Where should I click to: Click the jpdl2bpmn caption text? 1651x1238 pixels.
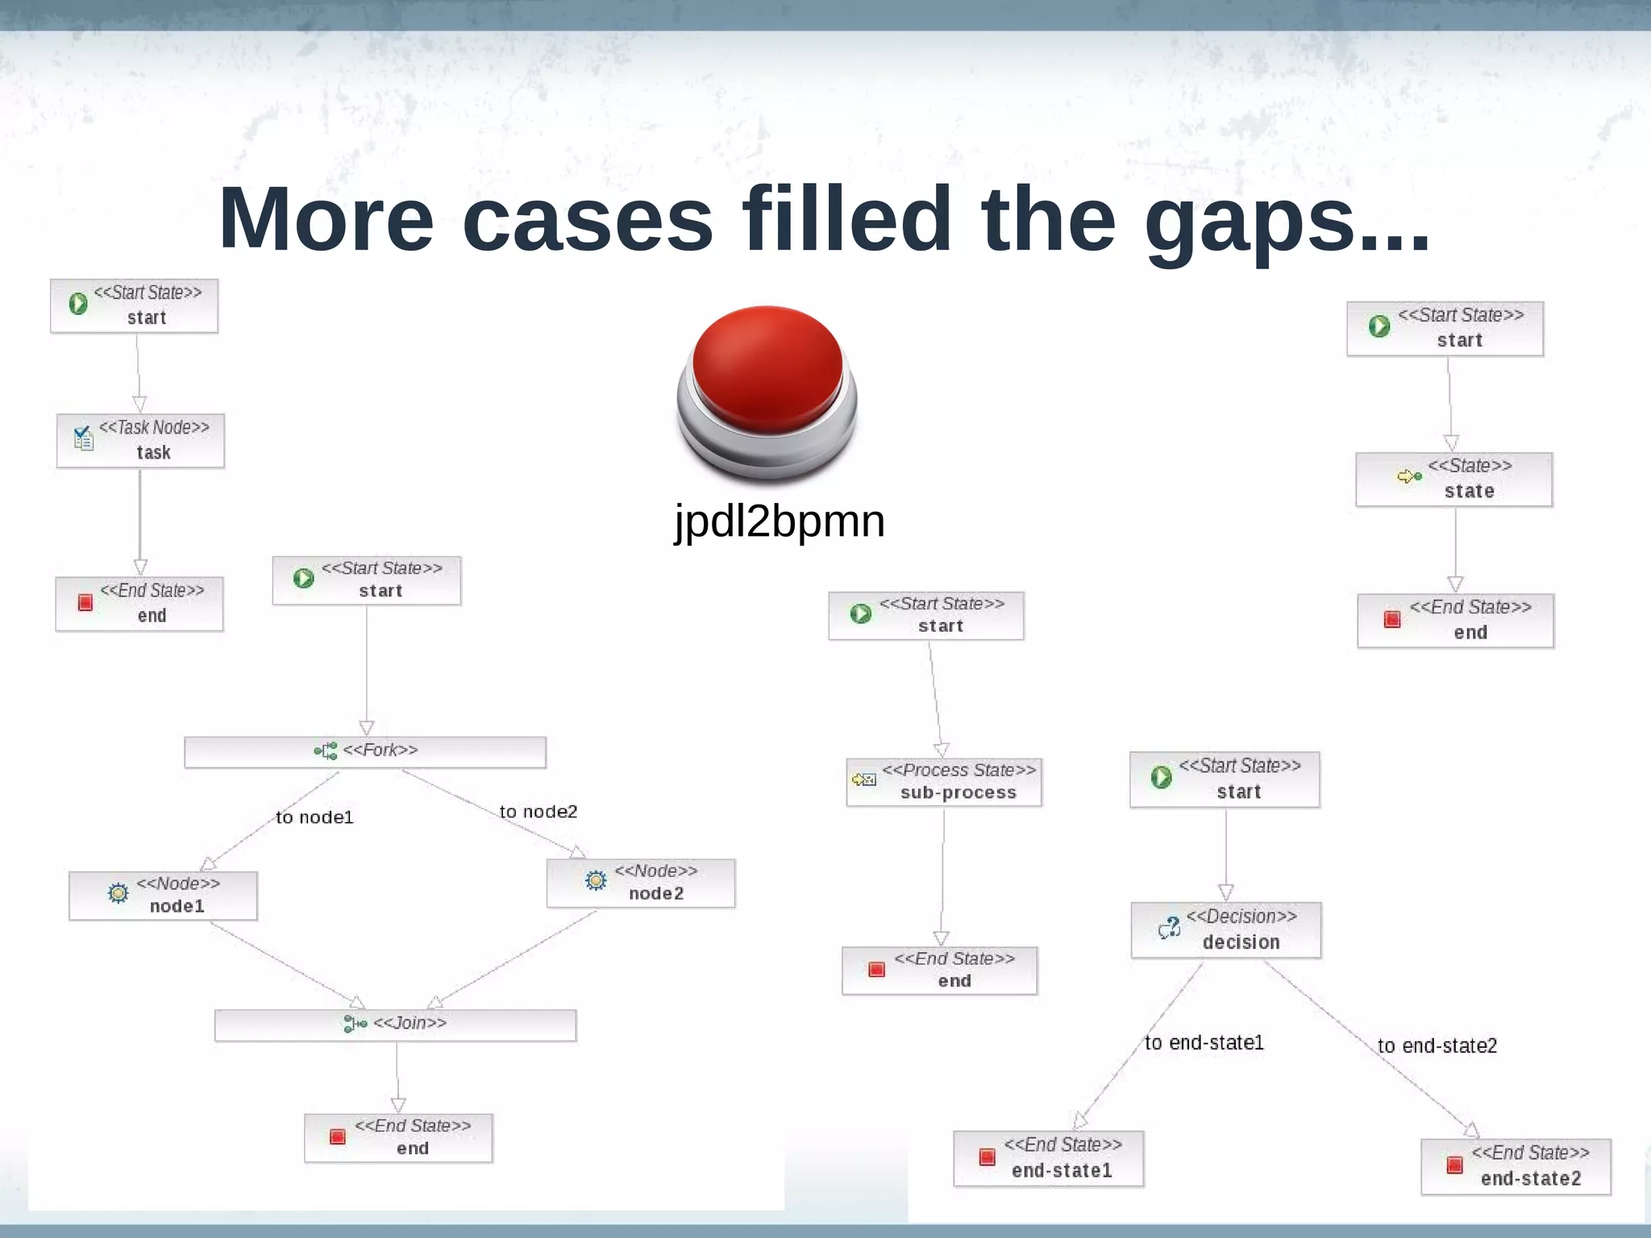(x=780, y=521)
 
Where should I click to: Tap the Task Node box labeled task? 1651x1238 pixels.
(x=140, y=440)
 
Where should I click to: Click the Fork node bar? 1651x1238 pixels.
(x=365, y=751)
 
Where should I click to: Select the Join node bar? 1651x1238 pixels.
(x=395, y=1024)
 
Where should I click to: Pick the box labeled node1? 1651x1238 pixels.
(x=163, y=895)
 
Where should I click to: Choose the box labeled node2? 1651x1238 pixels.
(x=641, y=883)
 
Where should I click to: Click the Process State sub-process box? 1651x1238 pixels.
(x=943, y=782)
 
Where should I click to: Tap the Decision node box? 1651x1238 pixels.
(x=1225, y=929)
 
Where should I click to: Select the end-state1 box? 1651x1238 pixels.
(x=1048, y=1158)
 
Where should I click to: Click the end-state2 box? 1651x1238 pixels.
(x=1516, y=1166)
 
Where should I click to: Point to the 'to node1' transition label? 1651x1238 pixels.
(x=314, y=817)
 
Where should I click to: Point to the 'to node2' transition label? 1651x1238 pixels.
(x=539, y=812)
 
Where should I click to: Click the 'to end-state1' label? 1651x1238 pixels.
(x=1204, y=1043)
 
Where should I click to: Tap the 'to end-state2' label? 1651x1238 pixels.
(x=1437, y=1046)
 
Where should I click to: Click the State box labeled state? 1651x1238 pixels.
(x=1453, y=480)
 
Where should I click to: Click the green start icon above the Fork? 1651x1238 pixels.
(x=304, y=579)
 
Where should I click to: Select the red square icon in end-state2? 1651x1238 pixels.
(x=1454, y=1165)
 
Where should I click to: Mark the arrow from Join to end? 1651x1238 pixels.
(x=397, y=1080)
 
